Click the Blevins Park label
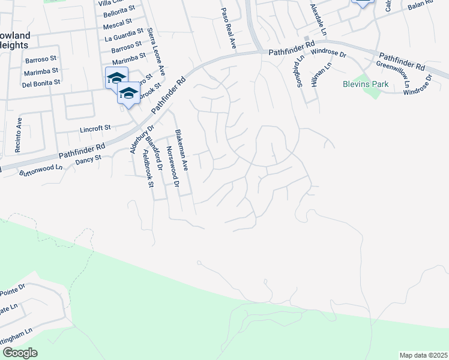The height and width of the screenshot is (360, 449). point(366,85)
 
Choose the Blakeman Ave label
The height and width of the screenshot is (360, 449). point(181,151)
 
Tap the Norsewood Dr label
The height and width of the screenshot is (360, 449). point(172,167)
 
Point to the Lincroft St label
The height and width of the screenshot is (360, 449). point(95,128)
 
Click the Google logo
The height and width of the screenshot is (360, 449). point(19,353)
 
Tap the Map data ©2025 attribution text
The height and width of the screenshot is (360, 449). point(423,355)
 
